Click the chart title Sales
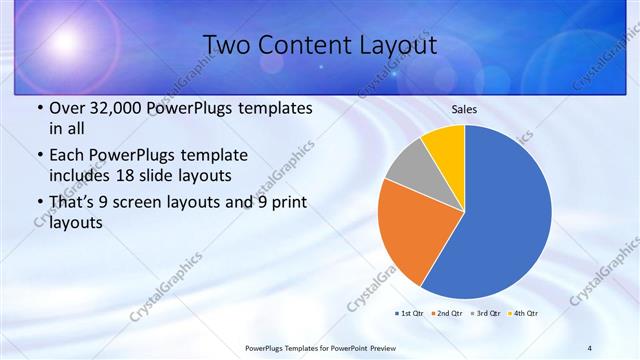pyautogui.click(x=464, y=109)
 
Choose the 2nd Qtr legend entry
pyautogui.click(x=446, y=313)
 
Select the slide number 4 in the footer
pyautogui.click(x=590, y=347)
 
